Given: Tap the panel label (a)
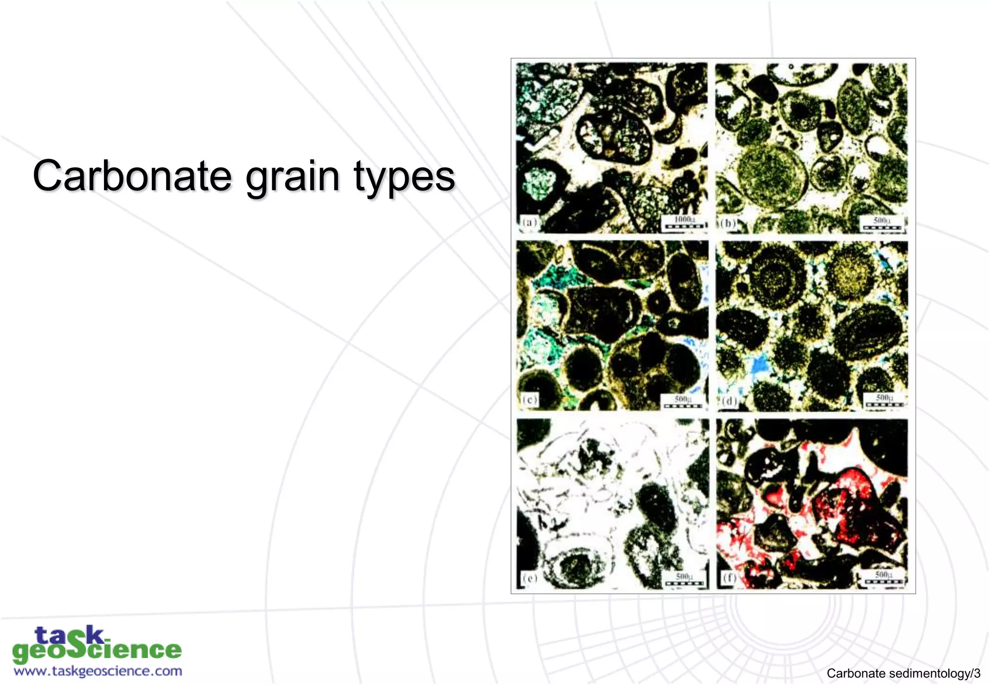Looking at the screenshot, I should pos(529,223).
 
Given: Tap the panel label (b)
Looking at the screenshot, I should pos(728,223).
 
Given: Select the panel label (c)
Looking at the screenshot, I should pos(530,400).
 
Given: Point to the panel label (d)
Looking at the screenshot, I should pos(729,401).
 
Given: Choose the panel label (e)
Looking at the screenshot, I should pos(530,577).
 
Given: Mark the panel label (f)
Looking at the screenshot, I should pos(729,577).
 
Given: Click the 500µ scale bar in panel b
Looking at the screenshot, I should pos(882,224).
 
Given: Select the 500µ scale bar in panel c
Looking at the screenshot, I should pos(683,402).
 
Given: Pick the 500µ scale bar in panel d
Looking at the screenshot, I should pos(884,401).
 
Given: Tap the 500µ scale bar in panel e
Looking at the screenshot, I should pos(684,579).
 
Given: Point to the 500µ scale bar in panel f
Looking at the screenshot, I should pos(884,578).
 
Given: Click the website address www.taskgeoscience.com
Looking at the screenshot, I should pos(98,671).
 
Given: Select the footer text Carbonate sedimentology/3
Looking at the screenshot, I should pos(903,673).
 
